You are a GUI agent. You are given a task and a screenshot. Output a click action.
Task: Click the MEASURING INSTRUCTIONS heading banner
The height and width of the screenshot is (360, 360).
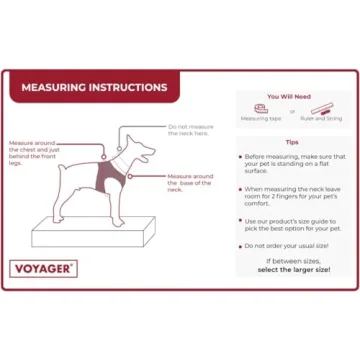(x=95, y=87)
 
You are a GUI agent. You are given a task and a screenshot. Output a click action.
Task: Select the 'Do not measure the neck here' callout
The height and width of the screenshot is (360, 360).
(x=190, y=130)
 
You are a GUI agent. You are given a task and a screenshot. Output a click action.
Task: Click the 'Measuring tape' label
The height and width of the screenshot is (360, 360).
(x=261, y=119)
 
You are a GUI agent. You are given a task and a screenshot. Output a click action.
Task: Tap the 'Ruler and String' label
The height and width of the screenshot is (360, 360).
(x=322, y=119)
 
